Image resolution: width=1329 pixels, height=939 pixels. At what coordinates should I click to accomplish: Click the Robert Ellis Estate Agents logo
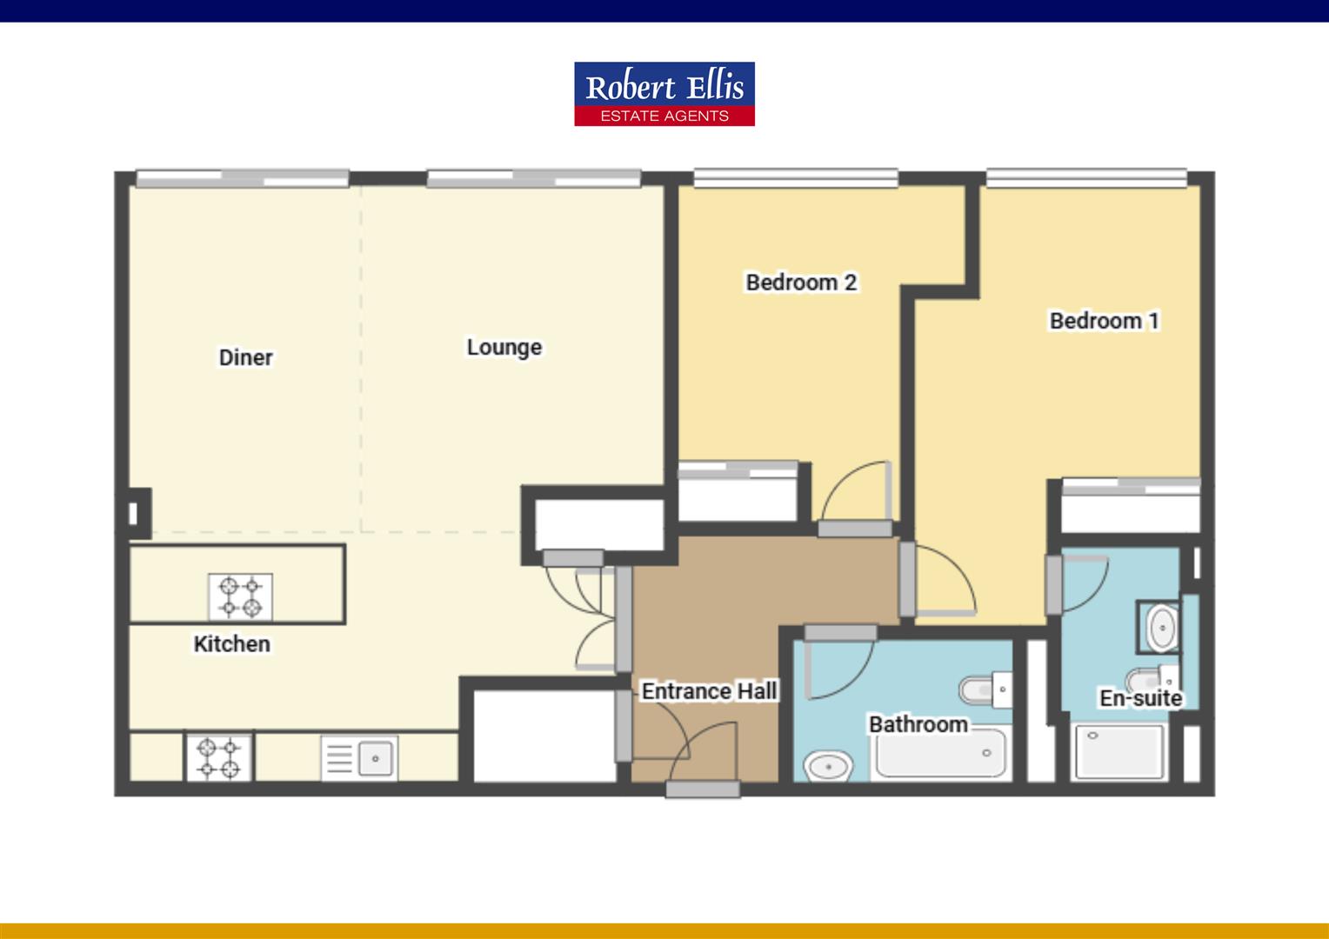point(664,94)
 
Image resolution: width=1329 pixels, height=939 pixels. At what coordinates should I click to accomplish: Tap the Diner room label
point(245,357)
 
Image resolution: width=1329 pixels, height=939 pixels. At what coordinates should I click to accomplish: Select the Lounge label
point(504,348)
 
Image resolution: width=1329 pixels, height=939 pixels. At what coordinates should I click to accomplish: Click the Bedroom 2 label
point(802,283)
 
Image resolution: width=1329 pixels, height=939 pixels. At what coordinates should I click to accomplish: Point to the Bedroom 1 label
point(1105,321)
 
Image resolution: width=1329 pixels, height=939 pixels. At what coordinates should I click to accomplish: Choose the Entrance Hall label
point(710,691)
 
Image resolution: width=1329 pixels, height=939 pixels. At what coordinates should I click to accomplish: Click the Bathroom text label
point(918,724)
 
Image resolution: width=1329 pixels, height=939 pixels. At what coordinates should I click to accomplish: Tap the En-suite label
point(1141,698)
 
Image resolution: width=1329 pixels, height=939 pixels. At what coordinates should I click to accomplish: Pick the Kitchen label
point(232,644)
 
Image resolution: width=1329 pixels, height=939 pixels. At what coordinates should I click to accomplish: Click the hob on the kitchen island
point(240,596)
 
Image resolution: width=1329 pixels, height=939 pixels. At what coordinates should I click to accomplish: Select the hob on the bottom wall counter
point(219,757)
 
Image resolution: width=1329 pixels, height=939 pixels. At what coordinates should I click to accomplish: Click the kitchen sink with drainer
point(359,759)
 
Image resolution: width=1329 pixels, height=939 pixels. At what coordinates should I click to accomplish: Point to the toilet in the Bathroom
point(985,689)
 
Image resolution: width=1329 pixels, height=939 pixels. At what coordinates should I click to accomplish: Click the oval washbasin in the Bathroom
point(828,767)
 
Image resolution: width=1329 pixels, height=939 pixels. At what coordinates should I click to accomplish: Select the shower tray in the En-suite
point(1119,751)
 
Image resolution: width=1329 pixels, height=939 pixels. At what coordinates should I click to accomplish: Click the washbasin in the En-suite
point(1163,628)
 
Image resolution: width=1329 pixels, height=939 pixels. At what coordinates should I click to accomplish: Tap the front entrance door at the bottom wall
point(703,789)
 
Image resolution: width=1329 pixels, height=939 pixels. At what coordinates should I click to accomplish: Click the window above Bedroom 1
point(1086,178)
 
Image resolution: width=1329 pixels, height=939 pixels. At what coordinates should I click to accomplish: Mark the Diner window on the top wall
point(243,178)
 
